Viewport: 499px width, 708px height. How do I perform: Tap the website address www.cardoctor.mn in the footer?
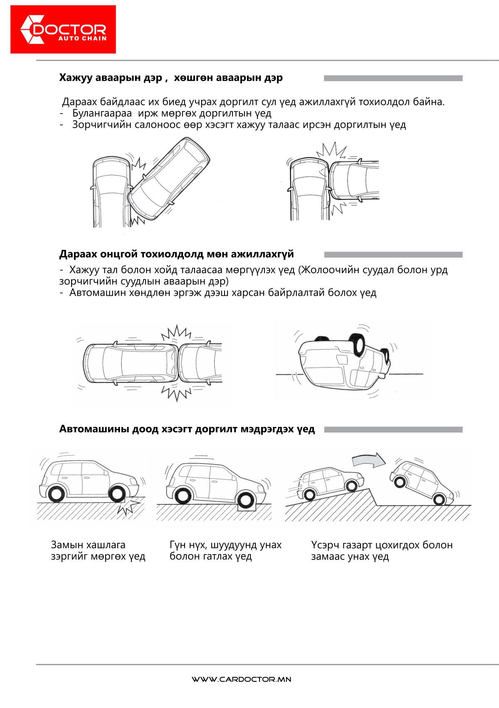[x=241, y=679]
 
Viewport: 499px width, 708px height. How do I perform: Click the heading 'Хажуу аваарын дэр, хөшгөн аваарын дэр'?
[x=171, y=78]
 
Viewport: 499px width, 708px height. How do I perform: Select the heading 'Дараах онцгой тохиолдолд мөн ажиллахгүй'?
[x=176, y=254]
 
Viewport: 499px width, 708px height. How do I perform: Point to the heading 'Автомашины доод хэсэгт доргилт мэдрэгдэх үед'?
[x=187, y=429]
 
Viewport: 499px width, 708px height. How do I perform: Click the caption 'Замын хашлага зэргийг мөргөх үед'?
[x=98, y=550]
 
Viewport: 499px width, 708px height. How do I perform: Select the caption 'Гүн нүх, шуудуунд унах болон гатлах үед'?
[x=225, y=550]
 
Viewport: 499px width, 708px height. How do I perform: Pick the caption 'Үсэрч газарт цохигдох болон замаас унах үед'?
[x=382, y=550]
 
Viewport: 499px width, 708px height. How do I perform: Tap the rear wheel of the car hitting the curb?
[x=56, y=494]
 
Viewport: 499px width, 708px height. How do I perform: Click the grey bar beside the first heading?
[x=393, y=78]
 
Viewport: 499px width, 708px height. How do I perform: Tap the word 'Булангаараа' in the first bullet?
[x=102, y=113]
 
